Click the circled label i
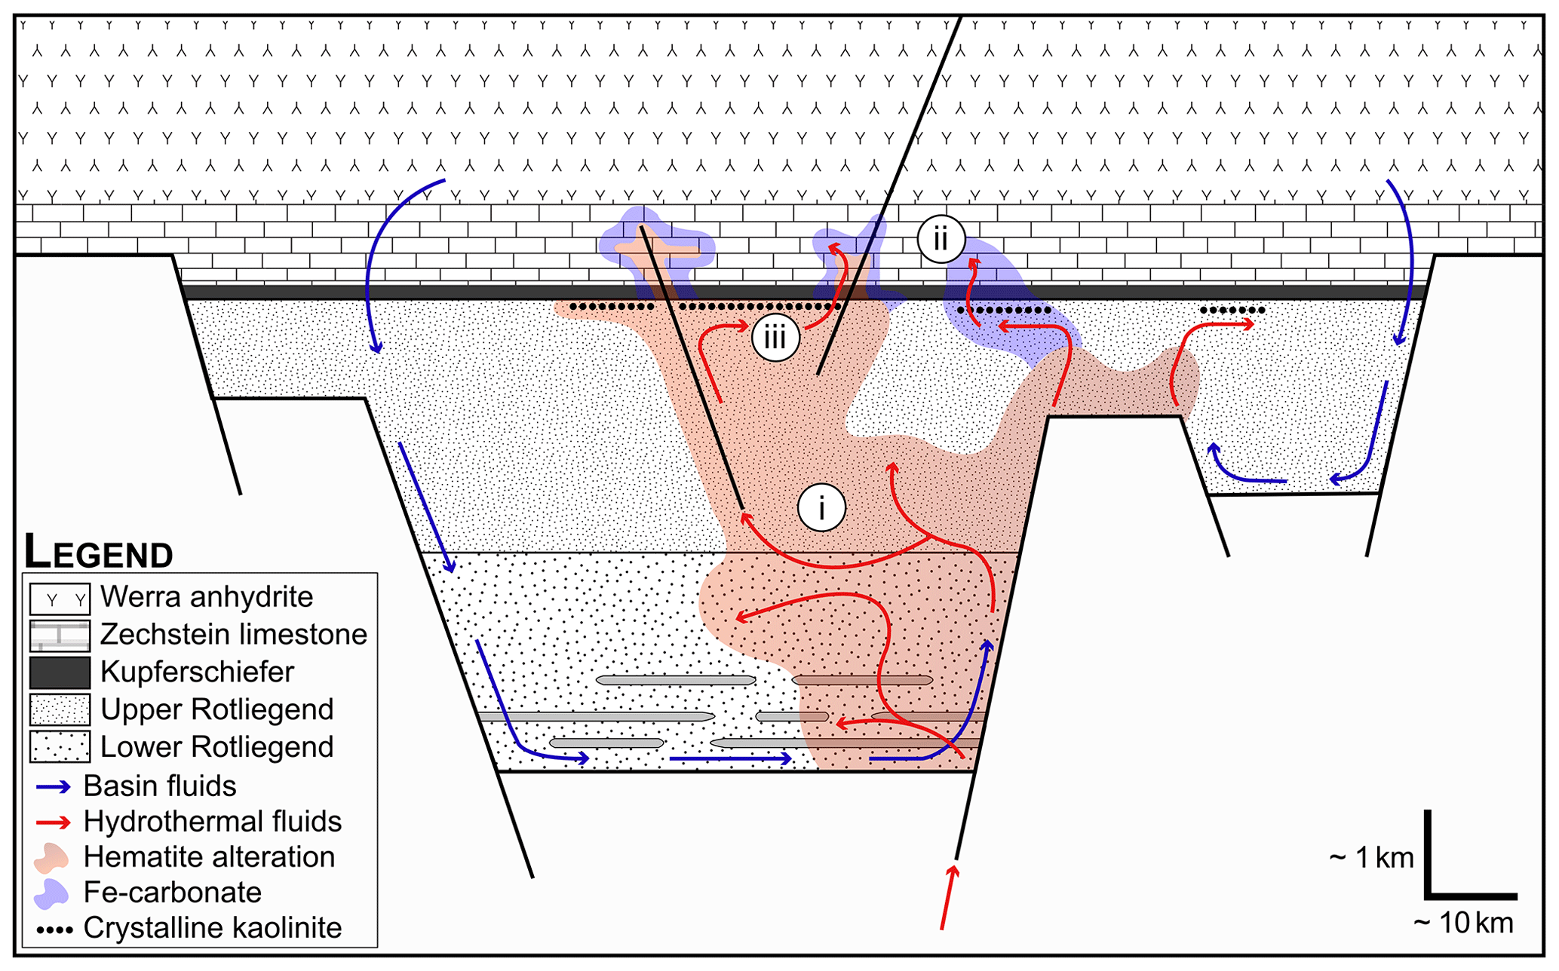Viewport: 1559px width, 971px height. pyautogui.click(x=821, y=507)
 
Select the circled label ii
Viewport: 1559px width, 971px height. pyautogui.click(x=941, y=239)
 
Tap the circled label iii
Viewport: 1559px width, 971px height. pyautogui.click(x=775, y=337)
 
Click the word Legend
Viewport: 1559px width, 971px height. pyautogui.click(x=99, y=552)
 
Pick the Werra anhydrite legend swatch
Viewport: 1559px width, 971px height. pyautogui.click(x=60, y=599)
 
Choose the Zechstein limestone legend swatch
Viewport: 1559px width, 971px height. pyautogui.click(x=60, y=636)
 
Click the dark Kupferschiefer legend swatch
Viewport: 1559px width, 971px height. pyautogui.click(x=60, y=672)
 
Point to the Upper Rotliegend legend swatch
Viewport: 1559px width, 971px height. pyautogui.click(x=60, y=709)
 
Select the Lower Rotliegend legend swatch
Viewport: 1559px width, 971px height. pyautogui.click(x=60, y=746)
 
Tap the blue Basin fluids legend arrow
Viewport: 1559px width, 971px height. pyautogui.click(x=54, y=786)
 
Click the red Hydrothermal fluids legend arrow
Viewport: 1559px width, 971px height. pyautogui.click(x=54, y=822)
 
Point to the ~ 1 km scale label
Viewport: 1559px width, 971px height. pyautogui.click(x=1371, y=858)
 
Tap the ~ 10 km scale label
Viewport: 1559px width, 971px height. pyautogui.click(x=1462, y=924)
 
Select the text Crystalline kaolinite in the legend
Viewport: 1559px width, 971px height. pyautogui.click(x=213, y=928)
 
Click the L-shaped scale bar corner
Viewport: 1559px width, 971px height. pyautogui.click(x=1429, y=896)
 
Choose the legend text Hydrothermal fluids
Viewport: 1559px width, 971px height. pyautogui.click(x=213, y=821)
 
